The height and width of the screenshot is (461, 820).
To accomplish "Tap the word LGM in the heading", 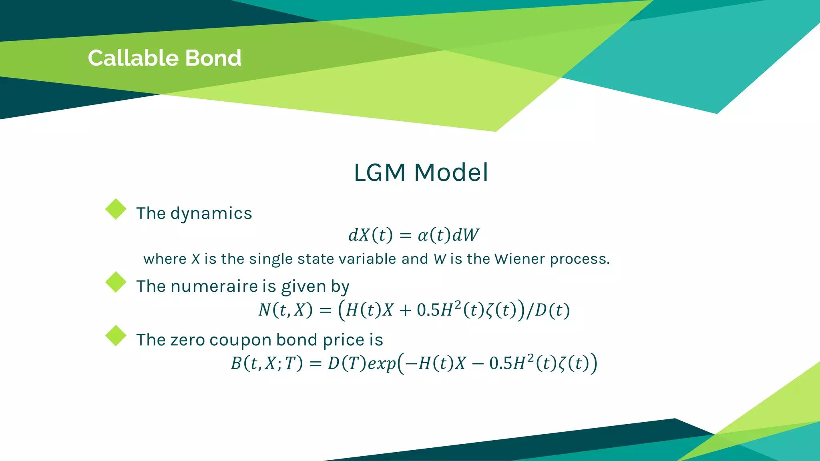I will (x=379, y=172).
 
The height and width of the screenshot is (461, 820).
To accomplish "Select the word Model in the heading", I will (x=451, y=172).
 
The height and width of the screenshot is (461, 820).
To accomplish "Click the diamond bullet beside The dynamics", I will (x=116, y=209).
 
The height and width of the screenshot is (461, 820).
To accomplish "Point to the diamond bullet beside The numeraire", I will (x=116, y=282).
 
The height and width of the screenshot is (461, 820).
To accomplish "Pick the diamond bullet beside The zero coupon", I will (x=116, y=336).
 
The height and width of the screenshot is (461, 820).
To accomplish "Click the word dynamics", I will (x=211, y=214).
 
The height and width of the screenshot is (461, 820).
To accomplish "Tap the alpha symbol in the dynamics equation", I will (x=423, y=235).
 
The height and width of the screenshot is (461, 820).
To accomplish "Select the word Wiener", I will (x=519, y=259).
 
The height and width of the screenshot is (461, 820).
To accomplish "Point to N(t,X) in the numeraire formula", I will (x=285, y=310).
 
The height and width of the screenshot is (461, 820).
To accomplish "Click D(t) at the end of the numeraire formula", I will (x=552, y=310).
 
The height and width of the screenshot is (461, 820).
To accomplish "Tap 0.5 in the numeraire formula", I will (x=428, y=310).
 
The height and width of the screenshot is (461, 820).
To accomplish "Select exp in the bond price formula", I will (x=382, y=364).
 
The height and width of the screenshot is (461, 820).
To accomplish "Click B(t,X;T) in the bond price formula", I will (x=266, y=364).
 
